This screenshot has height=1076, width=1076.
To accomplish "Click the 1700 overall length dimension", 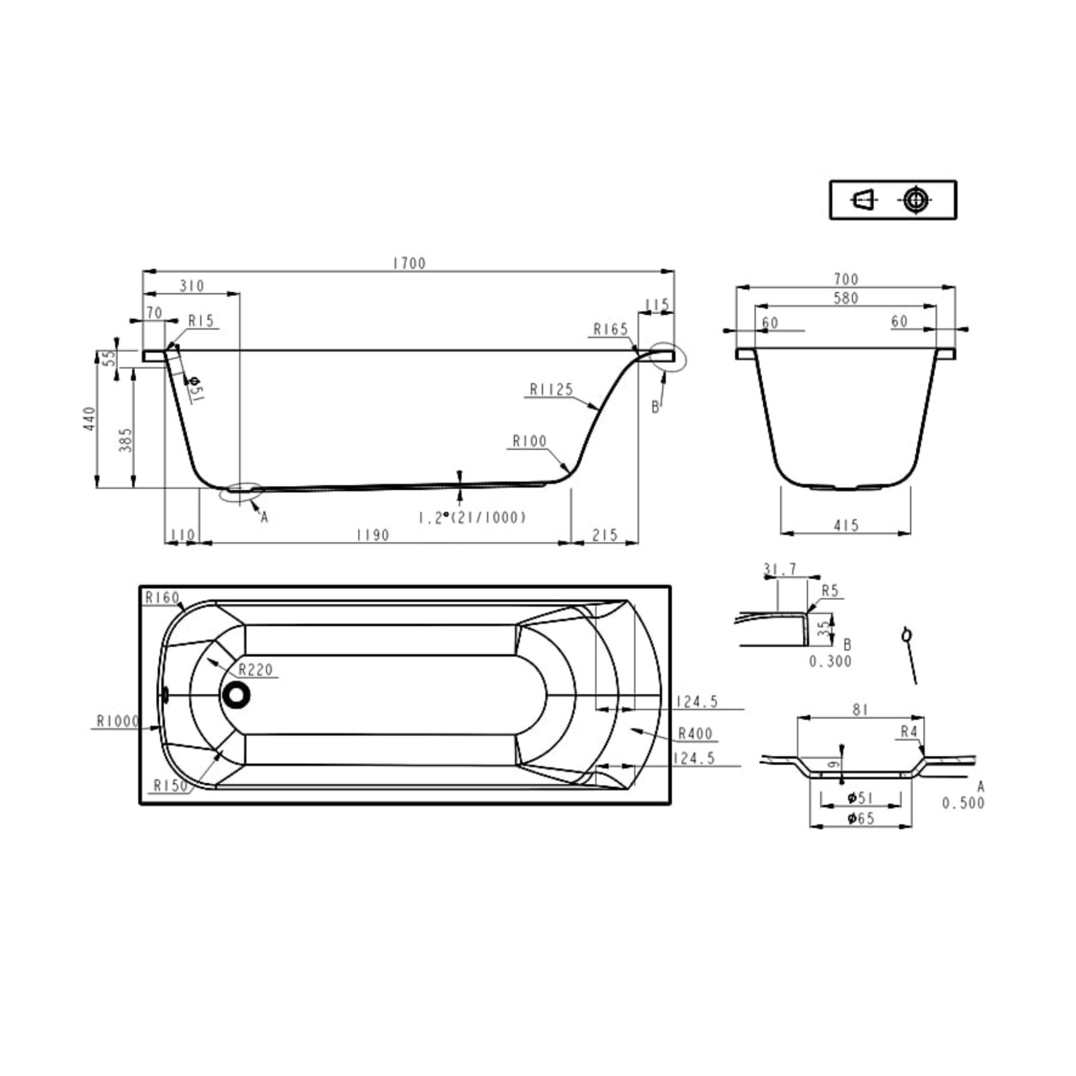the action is point(409,264).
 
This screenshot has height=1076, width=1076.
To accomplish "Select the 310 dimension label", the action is point(192,286).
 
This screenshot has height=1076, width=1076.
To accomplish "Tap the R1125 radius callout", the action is point(551,390).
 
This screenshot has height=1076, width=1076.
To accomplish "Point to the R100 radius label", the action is point(529,442).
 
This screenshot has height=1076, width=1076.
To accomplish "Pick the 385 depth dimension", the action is point(126,440).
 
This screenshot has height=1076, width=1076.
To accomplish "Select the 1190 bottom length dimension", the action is point(373,535).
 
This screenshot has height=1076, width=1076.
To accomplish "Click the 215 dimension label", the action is point(605,535).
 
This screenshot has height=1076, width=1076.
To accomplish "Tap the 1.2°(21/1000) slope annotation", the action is point(472,518).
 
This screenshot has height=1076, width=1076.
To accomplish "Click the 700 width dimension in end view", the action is point(846,279).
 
